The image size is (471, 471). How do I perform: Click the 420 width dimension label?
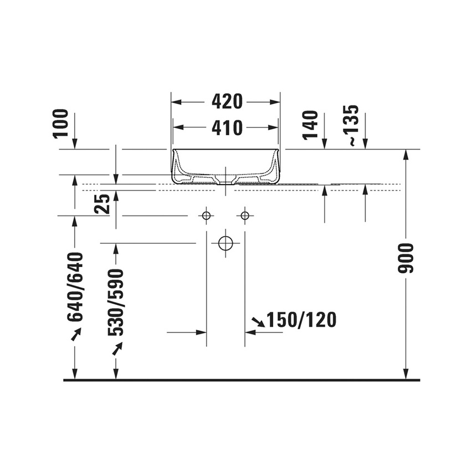pos(227,101)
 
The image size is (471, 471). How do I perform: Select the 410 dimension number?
pos(227,127)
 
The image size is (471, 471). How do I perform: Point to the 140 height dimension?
pos(311,125)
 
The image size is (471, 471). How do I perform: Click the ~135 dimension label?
pos(351,125)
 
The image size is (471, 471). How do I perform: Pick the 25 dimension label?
pos(102,204)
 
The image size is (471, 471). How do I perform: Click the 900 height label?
pos(406,258)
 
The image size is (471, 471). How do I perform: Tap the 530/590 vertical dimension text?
pos(116,303)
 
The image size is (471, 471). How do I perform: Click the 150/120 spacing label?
pos(301,320)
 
